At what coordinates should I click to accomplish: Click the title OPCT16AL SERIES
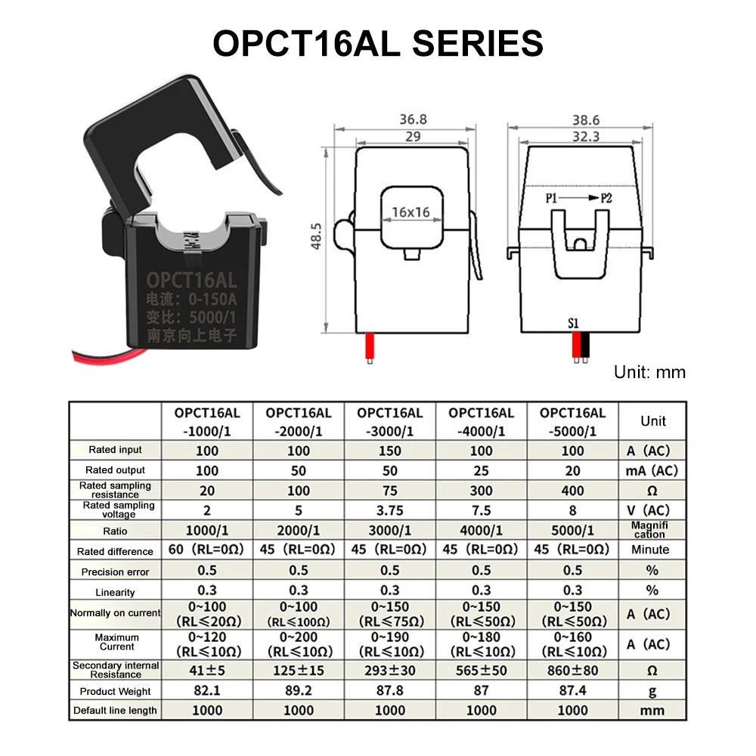coord(378,43)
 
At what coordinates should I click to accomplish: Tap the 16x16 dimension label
coord(411,212)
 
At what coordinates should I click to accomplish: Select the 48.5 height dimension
coord(318,236)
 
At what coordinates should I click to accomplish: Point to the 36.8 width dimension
coord(413,119)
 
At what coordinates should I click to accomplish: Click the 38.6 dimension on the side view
coord(585,119)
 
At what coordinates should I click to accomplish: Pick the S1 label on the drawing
coord(573,323)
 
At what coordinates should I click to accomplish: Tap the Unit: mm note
coord(649,372)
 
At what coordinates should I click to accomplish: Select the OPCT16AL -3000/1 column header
coord(389,422)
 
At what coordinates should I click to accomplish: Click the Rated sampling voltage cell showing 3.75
coord(389,510)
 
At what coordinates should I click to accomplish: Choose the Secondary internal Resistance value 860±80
coord(572,670)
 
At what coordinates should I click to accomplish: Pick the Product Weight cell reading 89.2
coord(298,690)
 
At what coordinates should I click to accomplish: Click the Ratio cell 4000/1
coord(481,530)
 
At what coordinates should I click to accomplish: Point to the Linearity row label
coord(115,593)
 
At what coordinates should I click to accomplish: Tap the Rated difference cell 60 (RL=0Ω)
coord(206,550)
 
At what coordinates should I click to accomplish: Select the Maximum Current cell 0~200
coord(298,644)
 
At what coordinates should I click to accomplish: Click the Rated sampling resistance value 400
coord(572,491)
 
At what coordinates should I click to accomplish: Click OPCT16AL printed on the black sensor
coord(192,280)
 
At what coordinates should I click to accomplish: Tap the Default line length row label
coord(115,711)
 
